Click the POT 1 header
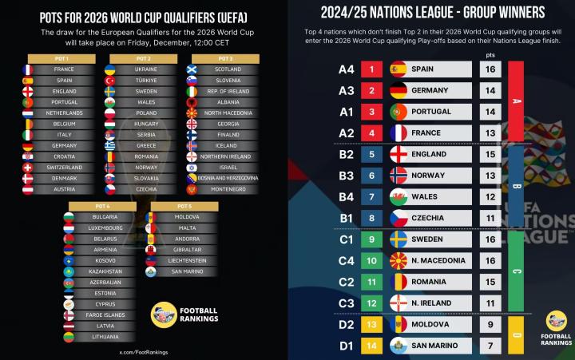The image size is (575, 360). pyautogui.click(x=62, y=58)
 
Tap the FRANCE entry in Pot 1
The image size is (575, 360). pyautogui.click(x=64, y=69)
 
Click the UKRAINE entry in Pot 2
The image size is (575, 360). pyautogui.click(x=145, y=69)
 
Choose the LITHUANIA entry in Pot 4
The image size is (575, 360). pyautogui.click(x=105, y=337)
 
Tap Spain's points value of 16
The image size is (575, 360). pyautogui.click(x=490, y=69)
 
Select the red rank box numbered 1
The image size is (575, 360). pyautogui.click(x=371, y=69)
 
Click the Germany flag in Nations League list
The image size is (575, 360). pyautogui.click(x=399, y=91)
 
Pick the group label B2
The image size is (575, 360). pyautogui.click(x=346, y=154)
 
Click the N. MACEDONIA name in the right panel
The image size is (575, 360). pyautogui.click(x=439, y=260)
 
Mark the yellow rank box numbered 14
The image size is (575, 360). pyautogui.click(x=371, y=346)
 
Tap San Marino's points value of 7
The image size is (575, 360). pyautogui.click(x=490, y=346)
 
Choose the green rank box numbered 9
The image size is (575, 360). pyautogui.click(x=371, y=239)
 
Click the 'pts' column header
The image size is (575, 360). pyautogui.click(x=490, y=54)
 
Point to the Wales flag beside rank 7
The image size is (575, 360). pyautogui.click(x=399, y=196)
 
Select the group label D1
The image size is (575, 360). pyautogui.click(x=346, y=346)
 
